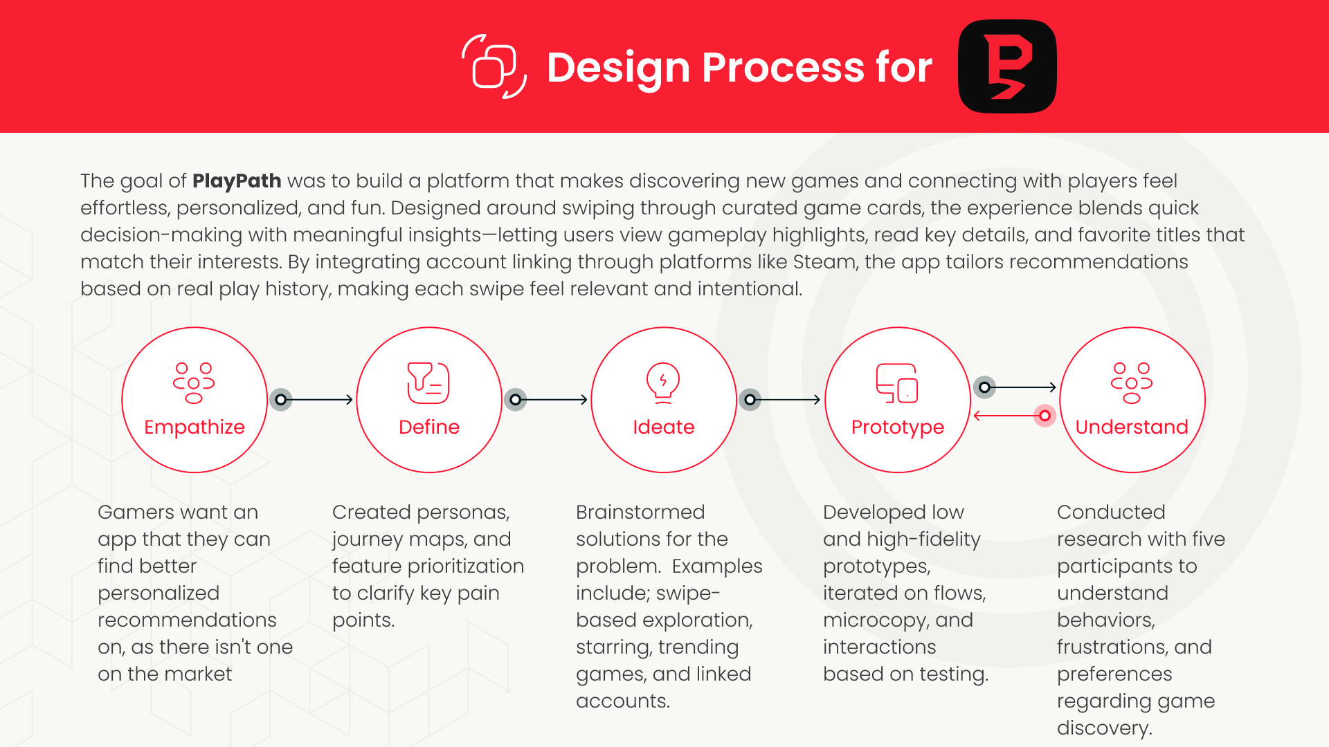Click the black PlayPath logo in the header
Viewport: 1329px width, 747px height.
[x=1007, y=66]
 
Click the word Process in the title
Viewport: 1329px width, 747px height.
[x=782, y=68]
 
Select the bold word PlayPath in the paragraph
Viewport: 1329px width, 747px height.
[x=237, y=181]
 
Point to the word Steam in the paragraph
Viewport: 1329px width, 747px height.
[x=824, y=262]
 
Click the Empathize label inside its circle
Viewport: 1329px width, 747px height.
[x=195, y=427]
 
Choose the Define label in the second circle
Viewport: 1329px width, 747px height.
[x=429, y=427]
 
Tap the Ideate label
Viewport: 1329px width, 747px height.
[x=663, y=427]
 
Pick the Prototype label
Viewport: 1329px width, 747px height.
[x=898, y=427]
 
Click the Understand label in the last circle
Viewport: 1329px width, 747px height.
[x=1132, y=427]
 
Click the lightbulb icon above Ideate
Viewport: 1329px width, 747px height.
[x=663, y=382]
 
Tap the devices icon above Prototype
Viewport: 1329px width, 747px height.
[x=897, y=383]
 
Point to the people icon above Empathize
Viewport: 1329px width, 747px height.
[x=194, y=382]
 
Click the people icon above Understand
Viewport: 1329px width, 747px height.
[x=1132, y=382]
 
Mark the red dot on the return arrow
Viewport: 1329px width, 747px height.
[x=1045, y=416]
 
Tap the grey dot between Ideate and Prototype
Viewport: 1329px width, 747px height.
[x=750, y=400]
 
